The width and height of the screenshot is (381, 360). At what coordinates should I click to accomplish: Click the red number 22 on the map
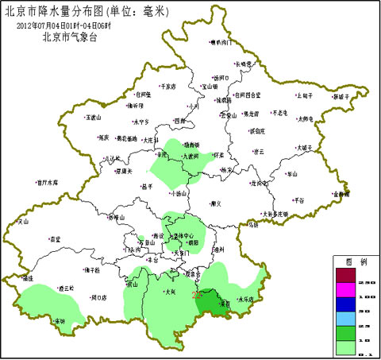(197, 295)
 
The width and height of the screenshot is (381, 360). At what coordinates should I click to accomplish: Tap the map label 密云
(257, 151)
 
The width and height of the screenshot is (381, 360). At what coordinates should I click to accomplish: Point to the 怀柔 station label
(221, 156)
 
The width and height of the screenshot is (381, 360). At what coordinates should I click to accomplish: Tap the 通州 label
(217, 250)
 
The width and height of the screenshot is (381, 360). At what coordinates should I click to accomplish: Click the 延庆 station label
(103, 137)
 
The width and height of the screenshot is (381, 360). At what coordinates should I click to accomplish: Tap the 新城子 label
(341, 96)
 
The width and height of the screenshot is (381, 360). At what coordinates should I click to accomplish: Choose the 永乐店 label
(248, 299)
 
